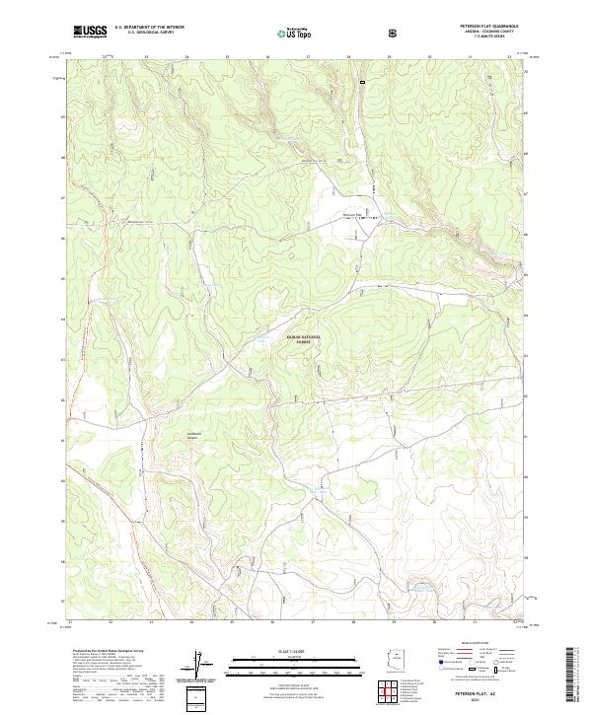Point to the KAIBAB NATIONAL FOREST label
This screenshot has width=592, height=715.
click(x=304, y=338)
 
